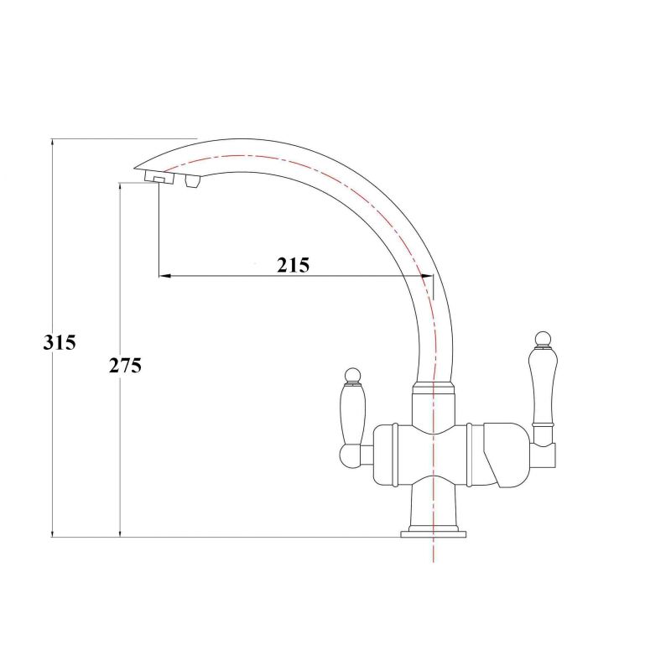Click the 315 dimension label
coord(60,342)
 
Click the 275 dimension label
coord(125,366)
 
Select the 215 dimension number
coord(293,265)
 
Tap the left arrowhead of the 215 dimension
coord(165,276)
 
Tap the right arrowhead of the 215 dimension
coord(427,276)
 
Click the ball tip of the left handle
coord(352,375)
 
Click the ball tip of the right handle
coord(543,339)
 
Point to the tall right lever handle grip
coord(543,385)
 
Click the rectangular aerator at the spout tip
coord(159,178)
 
